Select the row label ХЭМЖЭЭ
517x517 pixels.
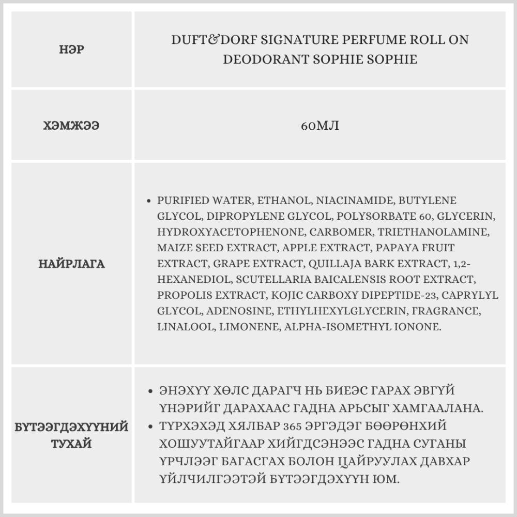click(71, 125)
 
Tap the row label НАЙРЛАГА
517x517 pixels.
click(71, 264)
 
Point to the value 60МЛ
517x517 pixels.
click(320, 125)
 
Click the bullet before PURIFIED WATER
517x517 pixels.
click(149, 201)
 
